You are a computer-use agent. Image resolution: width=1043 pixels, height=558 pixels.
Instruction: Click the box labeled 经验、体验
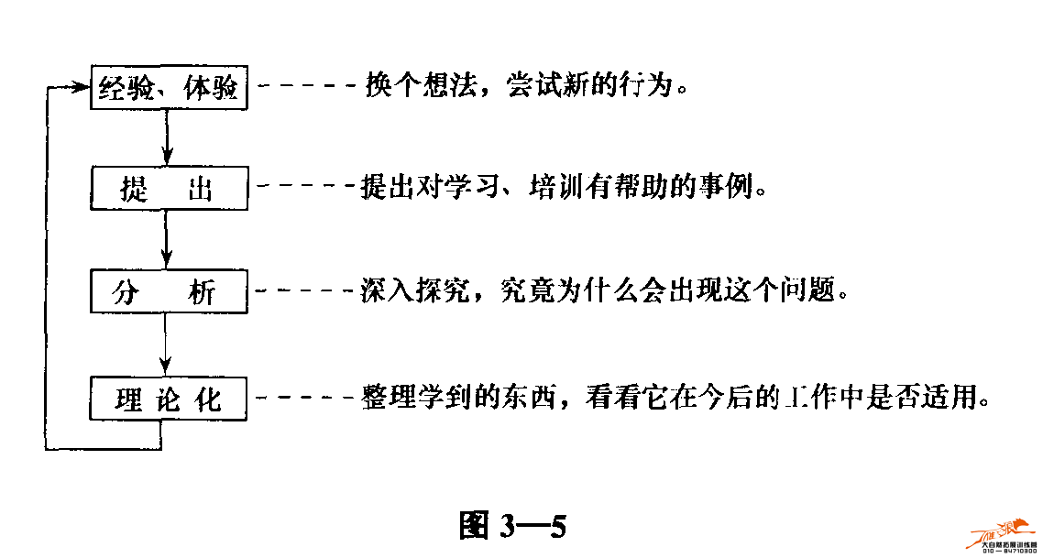[x=170, y=88]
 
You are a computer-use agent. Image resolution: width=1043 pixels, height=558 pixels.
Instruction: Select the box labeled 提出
[x=170, y=190]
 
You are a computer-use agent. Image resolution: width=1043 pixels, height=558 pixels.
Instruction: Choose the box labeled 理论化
[x=170, y=399]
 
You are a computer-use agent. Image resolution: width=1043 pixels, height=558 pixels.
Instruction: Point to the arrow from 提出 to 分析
[x=166, y=241]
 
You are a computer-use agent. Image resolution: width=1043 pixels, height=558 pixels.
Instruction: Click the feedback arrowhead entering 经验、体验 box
[x=81, y=88]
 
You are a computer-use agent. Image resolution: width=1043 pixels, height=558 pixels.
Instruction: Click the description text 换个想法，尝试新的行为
[x=525, y=87]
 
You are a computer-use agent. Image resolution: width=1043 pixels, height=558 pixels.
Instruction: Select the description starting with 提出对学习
[x=563, y=189]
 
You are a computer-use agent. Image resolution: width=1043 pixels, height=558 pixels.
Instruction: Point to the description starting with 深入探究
[x=601, y=292]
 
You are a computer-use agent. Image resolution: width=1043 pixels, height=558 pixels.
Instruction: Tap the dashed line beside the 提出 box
[x=305, y=188]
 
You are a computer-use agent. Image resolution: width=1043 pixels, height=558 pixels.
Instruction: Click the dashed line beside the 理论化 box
[x=305, y=399]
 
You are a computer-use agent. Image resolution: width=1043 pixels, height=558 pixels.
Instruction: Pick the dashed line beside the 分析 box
[x=305, y=292]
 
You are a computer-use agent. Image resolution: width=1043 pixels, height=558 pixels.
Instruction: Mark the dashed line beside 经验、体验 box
[x=307, y=87]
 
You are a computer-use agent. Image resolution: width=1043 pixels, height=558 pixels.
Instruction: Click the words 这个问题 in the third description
[x=786, y=292]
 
